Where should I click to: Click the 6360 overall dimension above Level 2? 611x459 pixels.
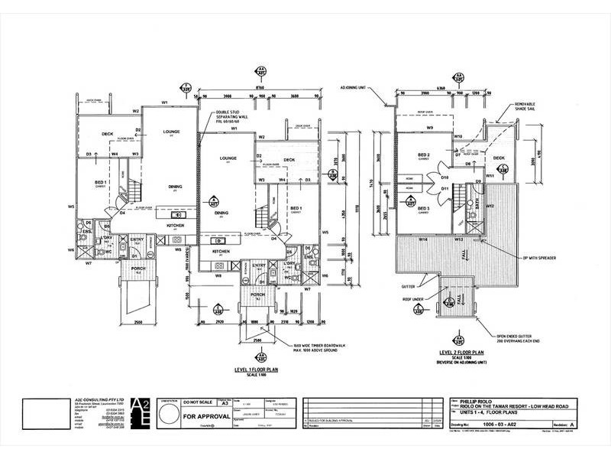point(441,89)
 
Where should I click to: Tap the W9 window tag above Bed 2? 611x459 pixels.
point(430,128)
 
